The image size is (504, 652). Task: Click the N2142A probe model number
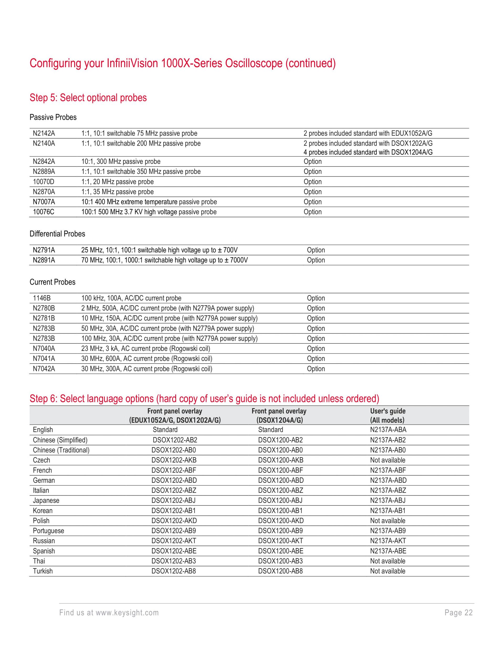point(44,133)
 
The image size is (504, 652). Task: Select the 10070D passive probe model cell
point(44,182)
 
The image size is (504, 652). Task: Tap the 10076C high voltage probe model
point(44,212)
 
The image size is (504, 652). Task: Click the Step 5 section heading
point(88,98)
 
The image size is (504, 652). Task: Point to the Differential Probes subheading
point(57,234)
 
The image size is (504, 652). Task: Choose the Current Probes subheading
point(52,282)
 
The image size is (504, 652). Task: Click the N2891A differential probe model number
point(44,260)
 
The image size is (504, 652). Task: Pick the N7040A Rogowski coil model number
point(44,349)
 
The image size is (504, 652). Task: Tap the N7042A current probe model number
point(44,369)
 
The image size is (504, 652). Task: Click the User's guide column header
point(387,416)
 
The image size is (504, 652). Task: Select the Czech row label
point(41,460)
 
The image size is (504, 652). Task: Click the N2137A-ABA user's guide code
point(388,430)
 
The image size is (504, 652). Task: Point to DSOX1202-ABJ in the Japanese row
point(174,501)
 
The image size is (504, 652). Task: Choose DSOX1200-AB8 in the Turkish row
point(280,571)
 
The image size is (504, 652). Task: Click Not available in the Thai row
point(387,561)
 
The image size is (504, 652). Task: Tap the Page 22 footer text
point(458,613)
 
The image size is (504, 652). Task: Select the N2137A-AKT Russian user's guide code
point(388,541)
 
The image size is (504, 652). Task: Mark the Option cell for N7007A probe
point(313,202)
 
